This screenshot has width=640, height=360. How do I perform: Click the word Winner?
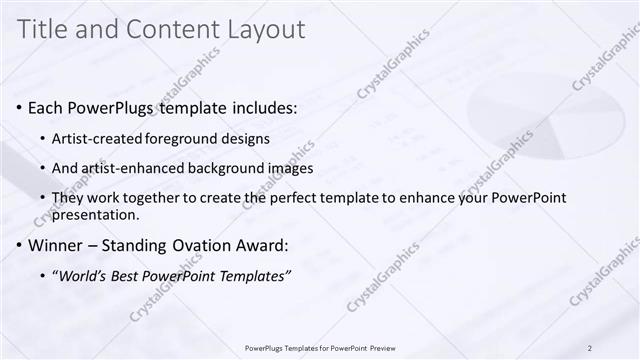(x=56, y=246)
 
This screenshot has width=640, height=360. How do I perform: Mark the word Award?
(x=259, y=246)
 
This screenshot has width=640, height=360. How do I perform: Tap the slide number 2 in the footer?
(x=589, y=347)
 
